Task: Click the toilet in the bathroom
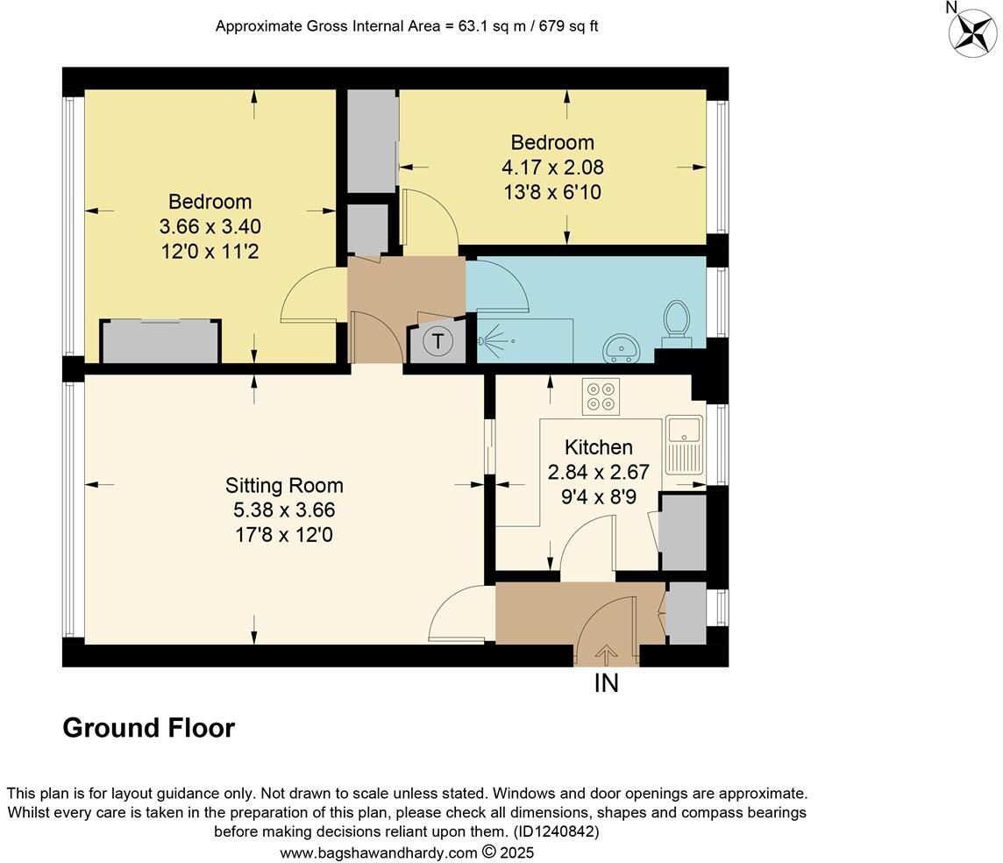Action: [x=676, y=320]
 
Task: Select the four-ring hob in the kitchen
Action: [x=601, y=396]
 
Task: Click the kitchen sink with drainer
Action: [x=684, y=444]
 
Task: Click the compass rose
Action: [x=973, y=32]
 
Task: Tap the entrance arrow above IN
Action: [x=606, y=653]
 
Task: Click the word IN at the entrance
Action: [x=606, y=683]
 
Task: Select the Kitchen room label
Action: [x=598, y=447]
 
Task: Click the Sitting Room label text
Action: [x=284, y=485]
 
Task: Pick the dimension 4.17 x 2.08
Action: [x=552, y=167]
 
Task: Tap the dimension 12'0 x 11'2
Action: [x=210, y=252]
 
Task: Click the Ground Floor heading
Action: [x=149, y=728]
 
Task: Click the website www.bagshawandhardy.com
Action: [x=379, y=852]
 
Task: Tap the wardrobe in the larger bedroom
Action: [x=160, y=342]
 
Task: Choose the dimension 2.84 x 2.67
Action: [x=598, y=473]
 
